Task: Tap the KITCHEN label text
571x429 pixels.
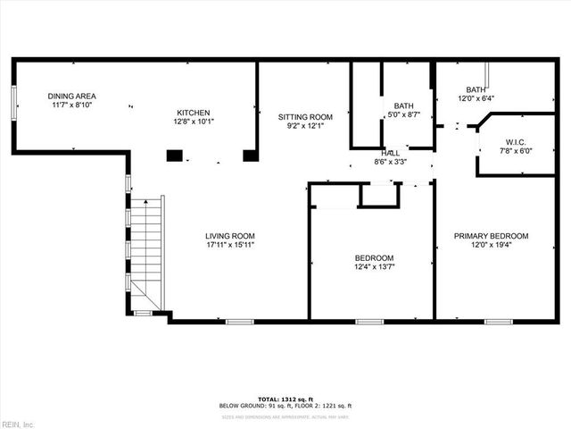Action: [193, 113]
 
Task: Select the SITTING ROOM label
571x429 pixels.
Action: [304, 117]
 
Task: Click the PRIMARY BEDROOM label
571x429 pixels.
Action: [491, 236]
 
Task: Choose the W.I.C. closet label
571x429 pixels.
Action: [515, 142]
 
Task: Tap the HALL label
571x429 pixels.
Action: [391, 153]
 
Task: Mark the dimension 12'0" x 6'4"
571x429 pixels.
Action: [476, 99]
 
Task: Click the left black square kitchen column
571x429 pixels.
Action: [174, 155]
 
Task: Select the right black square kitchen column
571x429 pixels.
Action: [251, 155]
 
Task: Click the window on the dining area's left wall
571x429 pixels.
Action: [13, 101]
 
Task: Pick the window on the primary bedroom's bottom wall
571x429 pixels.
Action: [497, 320]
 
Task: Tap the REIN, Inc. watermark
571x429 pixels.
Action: [17, 424]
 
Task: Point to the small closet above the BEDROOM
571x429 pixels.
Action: [379, 195]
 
